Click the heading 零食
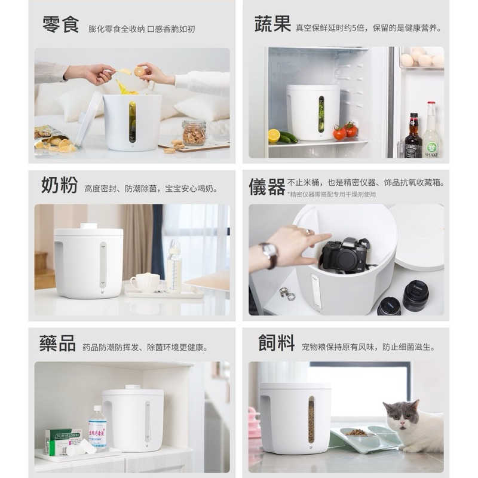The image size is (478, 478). pyautogui.click(x=60, y=25)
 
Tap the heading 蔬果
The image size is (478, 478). pyautogui.click(x=272, y=24)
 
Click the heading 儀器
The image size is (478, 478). pyautogui.click(x=267, y=186)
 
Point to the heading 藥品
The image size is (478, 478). pyautogui.click(x=58, y=344)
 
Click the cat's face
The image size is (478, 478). pyautogui.click(x=400, y=415)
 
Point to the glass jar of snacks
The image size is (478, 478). pyautogui.click(x=194, y=133)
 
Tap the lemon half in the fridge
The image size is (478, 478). pyautogui.click(x=274, y=136)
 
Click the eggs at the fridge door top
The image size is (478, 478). pyautogui.click(x=422, y=58)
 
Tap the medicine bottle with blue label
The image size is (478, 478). pyautogui.click(x=97, y=427)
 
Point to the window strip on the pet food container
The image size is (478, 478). pyautogui.click(x=311, y=419)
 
